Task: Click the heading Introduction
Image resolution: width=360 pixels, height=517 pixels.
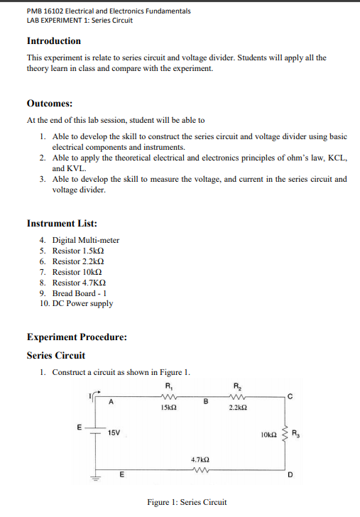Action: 53,41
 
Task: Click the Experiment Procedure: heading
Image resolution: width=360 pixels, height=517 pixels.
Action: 77,337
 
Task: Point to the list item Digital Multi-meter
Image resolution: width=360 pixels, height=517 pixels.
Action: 85,240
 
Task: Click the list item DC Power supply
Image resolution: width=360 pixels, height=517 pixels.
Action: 82,303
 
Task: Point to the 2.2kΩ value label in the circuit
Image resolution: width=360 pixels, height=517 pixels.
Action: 239,409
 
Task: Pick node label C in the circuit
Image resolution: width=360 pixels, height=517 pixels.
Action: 288,396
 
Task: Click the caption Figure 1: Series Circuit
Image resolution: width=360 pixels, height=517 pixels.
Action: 187,502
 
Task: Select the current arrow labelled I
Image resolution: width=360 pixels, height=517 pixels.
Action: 98,393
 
